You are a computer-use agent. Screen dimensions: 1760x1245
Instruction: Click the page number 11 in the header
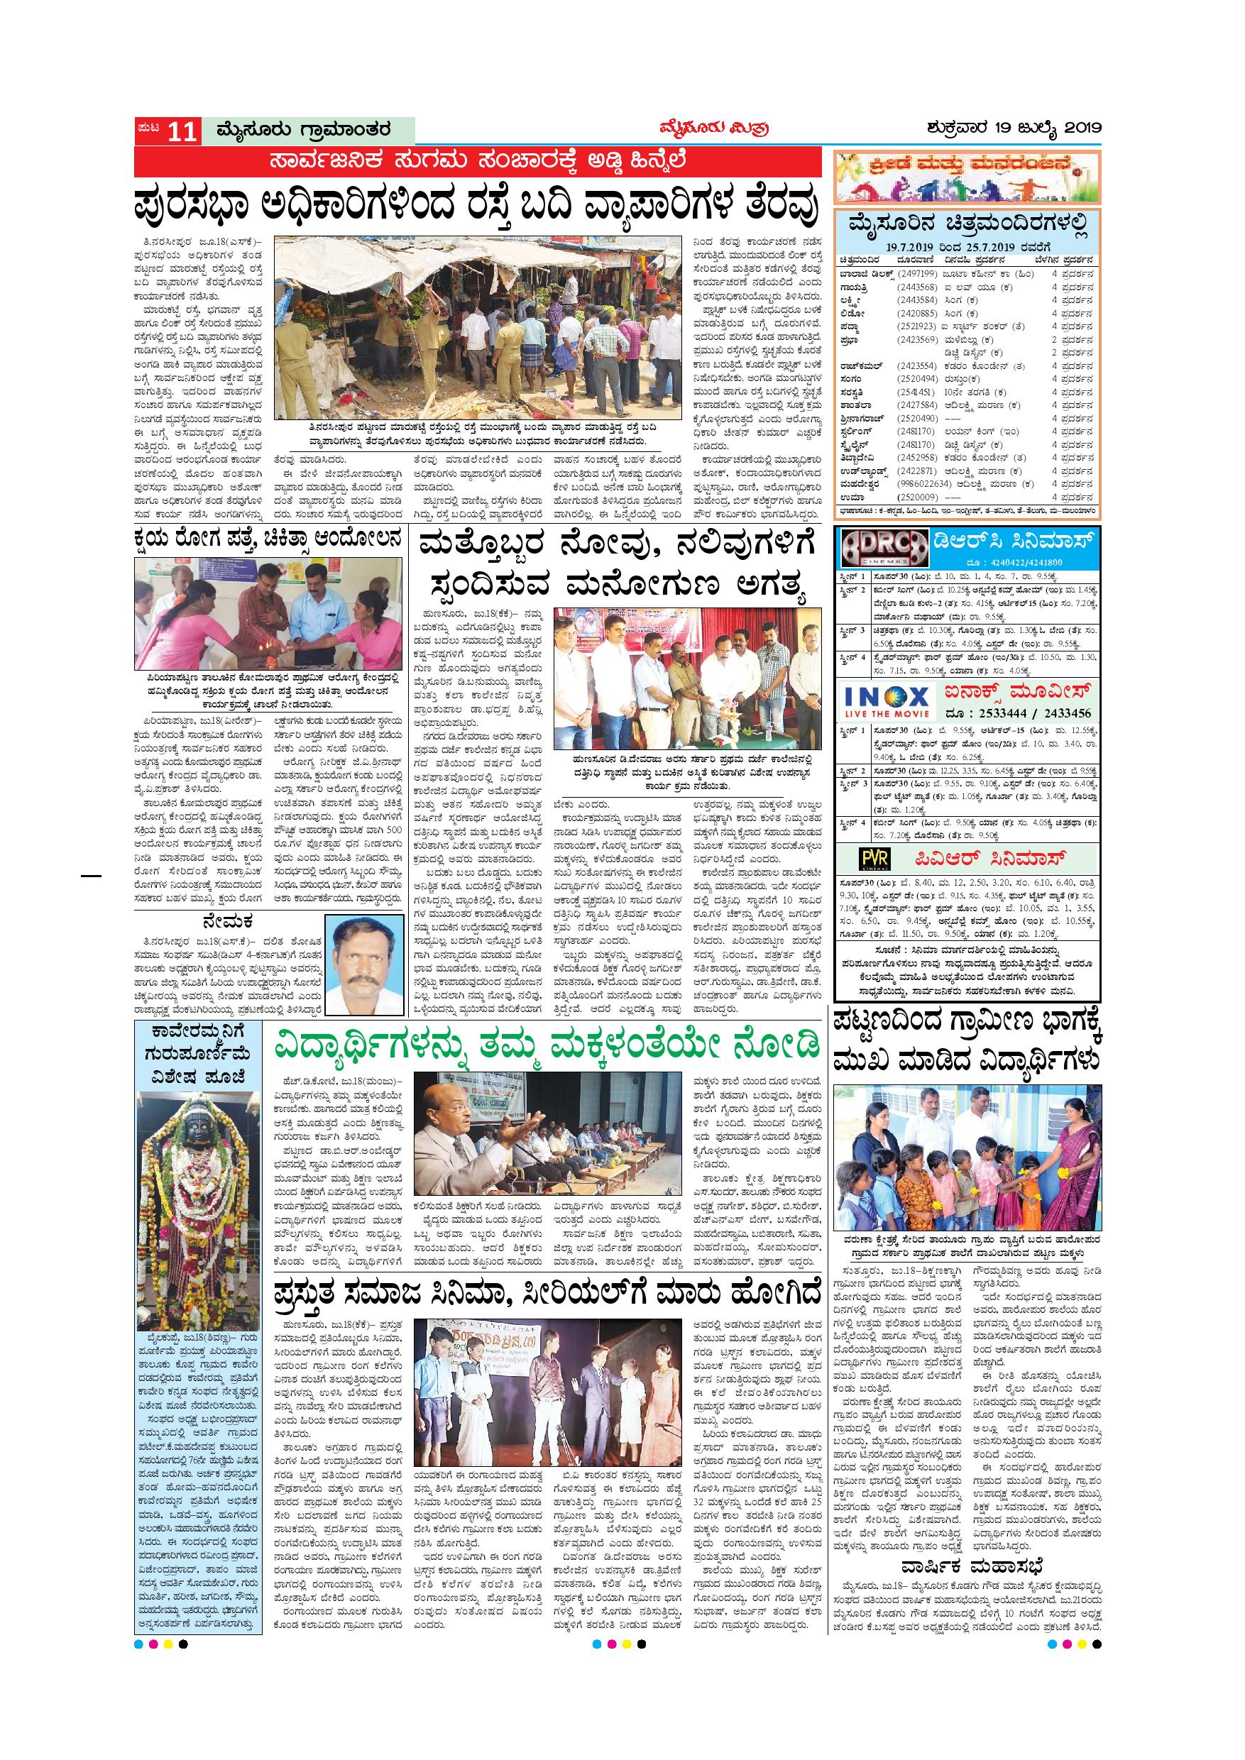(182, 132)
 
